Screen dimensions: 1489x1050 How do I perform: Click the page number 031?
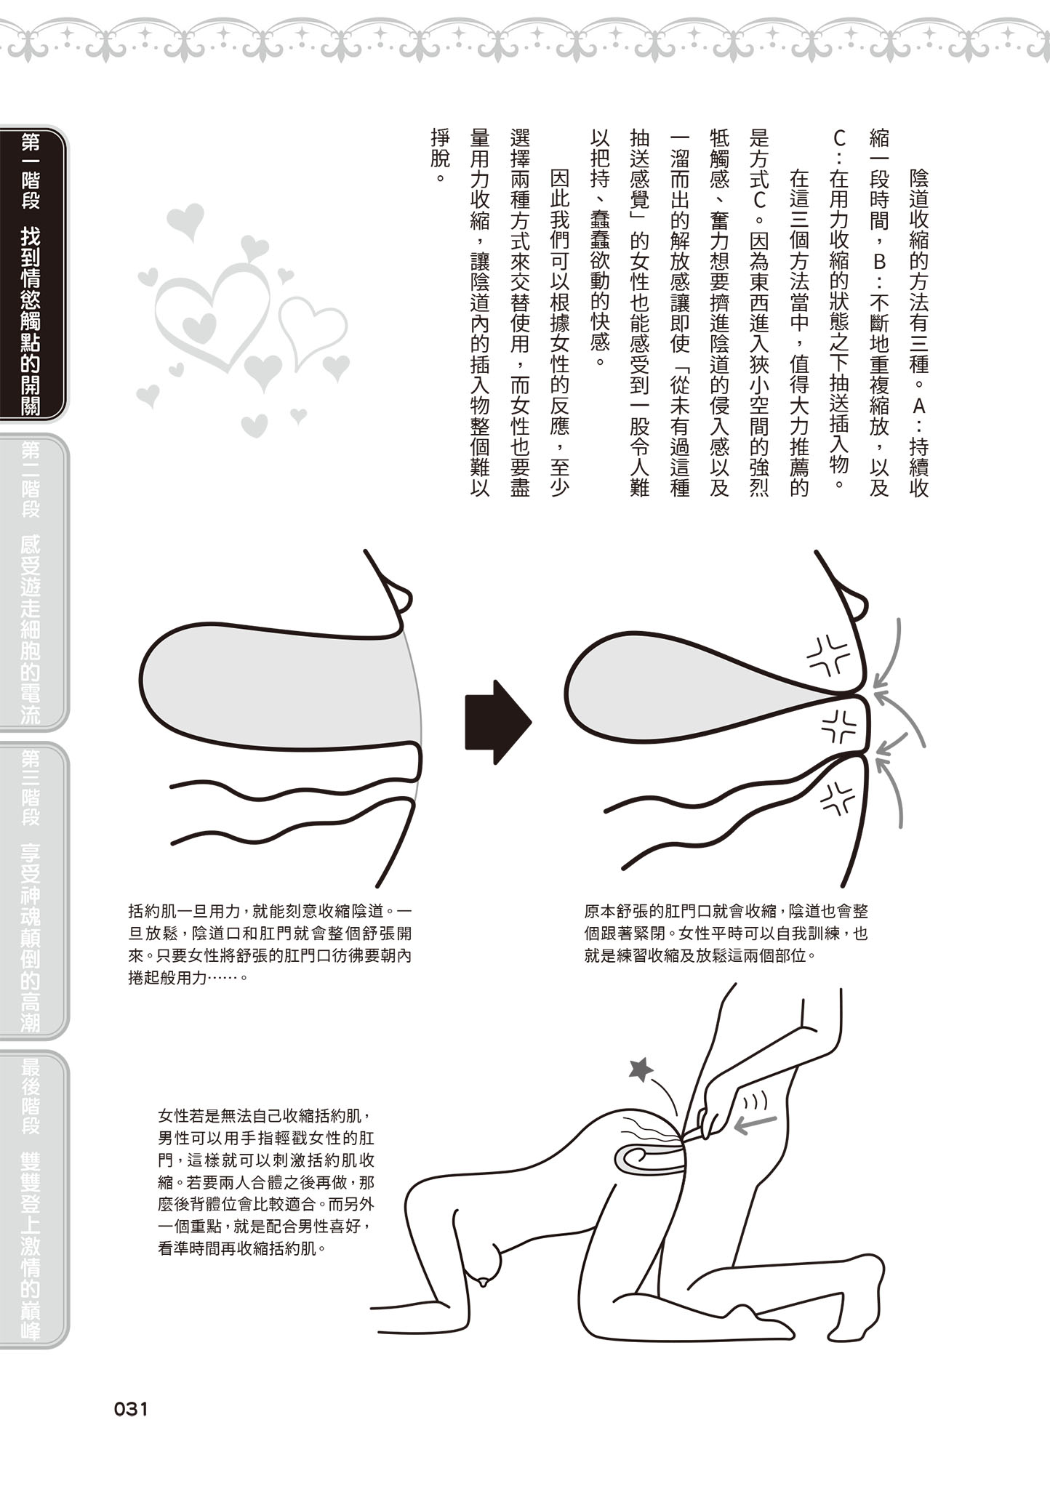(131, 1409)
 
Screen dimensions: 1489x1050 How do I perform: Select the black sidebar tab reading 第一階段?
(32, 273)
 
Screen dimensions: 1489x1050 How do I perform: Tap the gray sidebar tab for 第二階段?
(32, 582)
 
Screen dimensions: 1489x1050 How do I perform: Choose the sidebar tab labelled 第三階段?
(32, 890)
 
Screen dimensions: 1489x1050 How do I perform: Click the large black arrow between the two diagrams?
(498, 722)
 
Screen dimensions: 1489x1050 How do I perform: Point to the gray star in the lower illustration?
(641, 1068)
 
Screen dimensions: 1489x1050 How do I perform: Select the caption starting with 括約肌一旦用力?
(270, 944)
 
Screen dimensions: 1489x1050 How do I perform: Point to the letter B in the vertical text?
(879, 261)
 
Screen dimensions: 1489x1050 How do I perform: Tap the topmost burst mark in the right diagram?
(830, 655)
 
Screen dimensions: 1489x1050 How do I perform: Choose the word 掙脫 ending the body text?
(440, 148)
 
